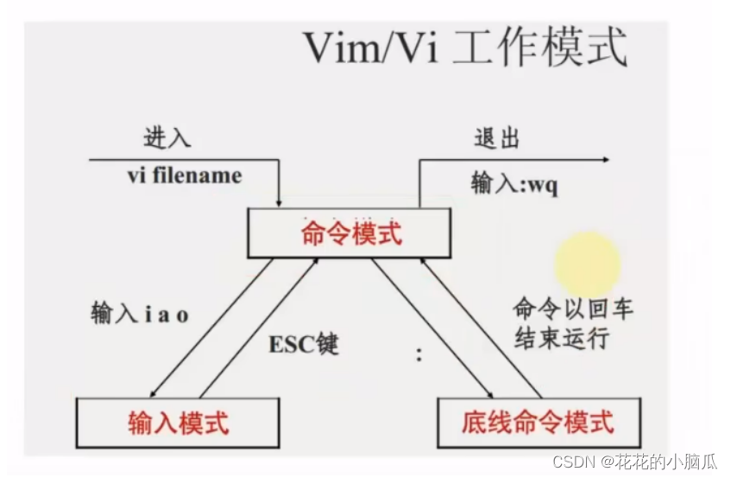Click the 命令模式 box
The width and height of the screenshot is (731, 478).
pos(351,233)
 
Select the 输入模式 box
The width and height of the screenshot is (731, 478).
pos(179,423)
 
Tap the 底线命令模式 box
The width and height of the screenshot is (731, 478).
pos(538,422)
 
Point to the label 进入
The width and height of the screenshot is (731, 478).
pos(167,139)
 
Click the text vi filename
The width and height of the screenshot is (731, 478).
pos(185,175)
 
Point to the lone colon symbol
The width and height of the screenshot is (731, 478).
pos(420,354)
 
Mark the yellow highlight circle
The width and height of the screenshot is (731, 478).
pos(587,262)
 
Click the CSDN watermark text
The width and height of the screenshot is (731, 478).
pos(636,462)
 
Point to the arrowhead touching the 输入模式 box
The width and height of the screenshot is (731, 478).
pos(156,392)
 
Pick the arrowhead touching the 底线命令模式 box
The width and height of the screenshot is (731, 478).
pos(480,394)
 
